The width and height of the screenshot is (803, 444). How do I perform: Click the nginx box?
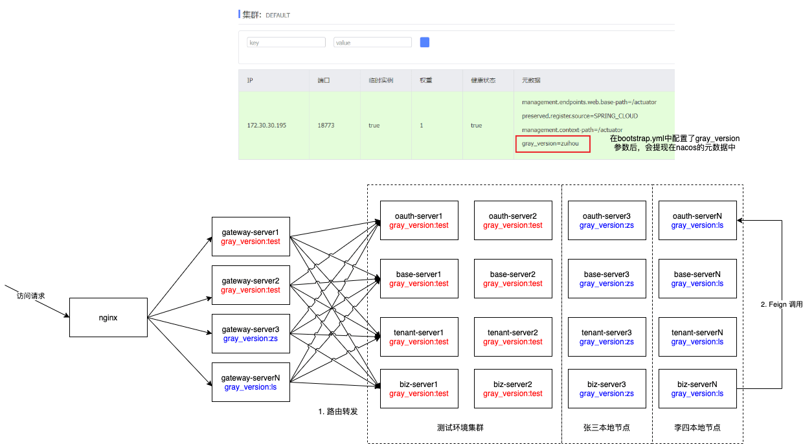click(108, 317)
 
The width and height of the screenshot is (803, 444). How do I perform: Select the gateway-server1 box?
click(251, 236)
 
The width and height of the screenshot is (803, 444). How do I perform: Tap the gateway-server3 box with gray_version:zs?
click(251, 333)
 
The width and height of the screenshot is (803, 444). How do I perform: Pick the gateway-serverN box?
click(251, 382)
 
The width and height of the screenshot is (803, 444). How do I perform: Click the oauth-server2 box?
click(513, 220)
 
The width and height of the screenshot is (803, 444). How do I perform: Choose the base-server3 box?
click(607, 278)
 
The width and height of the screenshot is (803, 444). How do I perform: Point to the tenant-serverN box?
click(697, 337)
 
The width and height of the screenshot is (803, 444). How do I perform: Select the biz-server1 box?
click(419, 388)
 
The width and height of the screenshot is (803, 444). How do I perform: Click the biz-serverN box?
click(697, 388)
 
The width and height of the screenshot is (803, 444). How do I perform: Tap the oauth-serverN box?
click(697, 220)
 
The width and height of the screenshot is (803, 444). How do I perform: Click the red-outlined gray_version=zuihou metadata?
click(552, 144)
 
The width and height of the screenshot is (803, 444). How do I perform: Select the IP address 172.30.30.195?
click(266, 126)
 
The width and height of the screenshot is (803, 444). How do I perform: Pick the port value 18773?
click(326, 126)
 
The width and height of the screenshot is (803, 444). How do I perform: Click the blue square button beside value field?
click(425, 42)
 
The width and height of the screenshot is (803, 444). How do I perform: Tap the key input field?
click(286, 42)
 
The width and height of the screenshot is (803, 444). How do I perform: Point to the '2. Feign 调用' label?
click(781, 304)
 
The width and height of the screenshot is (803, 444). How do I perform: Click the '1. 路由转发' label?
click(337, 412)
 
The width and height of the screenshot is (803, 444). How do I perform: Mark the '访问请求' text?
click(31, 296)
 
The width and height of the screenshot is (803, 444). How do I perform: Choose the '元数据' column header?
click(531, 80)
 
